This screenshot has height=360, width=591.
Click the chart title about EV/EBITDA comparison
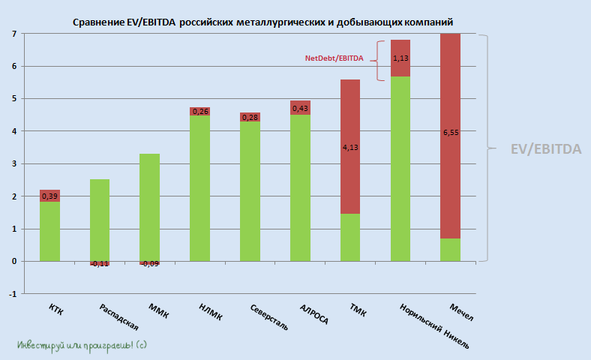tap(262, 22)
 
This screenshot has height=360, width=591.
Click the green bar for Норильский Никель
tap(400, 169)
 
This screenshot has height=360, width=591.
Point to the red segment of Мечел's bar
tap(450, 135)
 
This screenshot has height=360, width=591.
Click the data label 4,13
tap(350, 148)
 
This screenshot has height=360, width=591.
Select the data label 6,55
tap(450, 132)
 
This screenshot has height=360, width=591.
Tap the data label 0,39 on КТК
tap(50, 196)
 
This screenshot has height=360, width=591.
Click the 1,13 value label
tap(400, 57)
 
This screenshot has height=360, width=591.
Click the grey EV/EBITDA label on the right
tap(545, 149)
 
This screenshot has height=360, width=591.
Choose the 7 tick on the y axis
tap(14, 34)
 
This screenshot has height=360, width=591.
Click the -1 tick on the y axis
tap(13, 294)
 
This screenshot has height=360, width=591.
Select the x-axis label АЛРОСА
tap(313, 314)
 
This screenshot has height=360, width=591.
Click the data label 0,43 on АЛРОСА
tap(300, 109)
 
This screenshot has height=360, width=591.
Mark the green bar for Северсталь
tap(250, 191)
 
